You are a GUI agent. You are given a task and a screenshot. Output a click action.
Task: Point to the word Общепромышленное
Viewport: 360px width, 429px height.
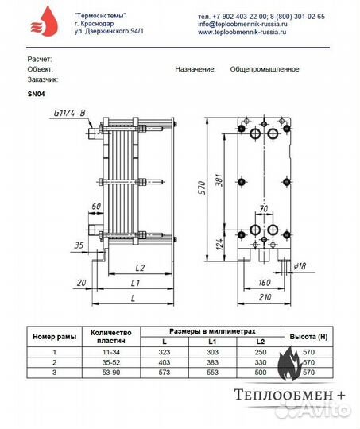click(265, 69)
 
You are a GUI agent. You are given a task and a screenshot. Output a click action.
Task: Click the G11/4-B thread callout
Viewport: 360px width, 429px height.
click(70, 115)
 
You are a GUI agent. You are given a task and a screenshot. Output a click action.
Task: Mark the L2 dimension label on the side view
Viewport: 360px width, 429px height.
click(138, 268)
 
